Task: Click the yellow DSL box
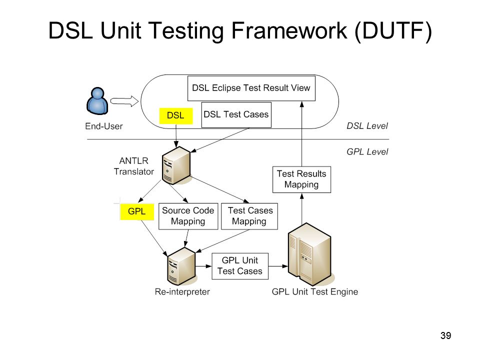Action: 176,115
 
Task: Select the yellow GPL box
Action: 137,211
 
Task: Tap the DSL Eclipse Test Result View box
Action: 251,88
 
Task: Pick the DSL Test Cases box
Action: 236,115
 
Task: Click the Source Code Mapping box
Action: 188,216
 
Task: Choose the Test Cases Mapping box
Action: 249,216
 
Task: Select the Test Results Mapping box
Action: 301,179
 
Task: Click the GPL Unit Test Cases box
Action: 240,266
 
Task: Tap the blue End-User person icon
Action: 97,101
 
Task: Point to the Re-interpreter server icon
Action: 181,266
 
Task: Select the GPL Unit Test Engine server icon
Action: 310,254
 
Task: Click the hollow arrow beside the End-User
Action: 124,101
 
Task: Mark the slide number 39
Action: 445,335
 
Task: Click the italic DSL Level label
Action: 367,126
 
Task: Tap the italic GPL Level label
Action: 367,152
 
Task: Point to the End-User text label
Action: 104,126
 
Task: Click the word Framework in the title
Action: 289,30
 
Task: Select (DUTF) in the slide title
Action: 393,31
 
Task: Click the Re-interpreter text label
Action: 182,291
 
